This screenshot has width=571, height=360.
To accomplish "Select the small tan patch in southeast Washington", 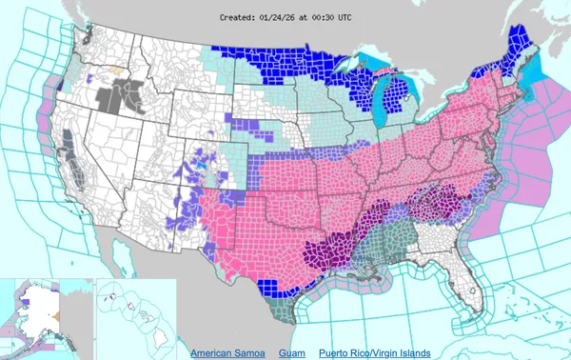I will coord(116,69).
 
